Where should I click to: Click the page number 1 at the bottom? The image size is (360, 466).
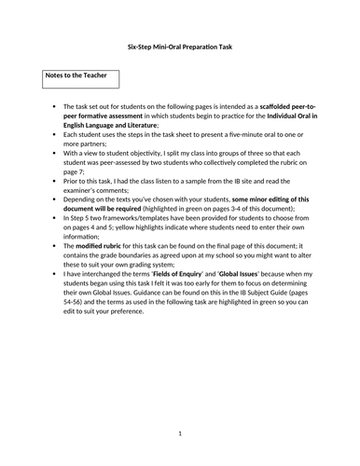(x=179, y=433)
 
